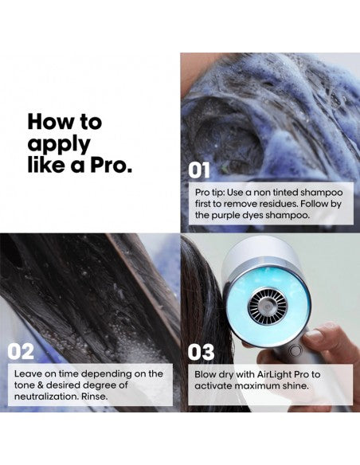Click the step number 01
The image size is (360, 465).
[x=199, y=170]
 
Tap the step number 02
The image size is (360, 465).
[x=21, y=351]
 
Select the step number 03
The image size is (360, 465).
[x=201, y=352]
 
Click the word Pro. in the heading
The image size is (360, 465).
[x=112, y=165]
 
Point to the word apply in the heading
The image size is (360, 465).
[x=59, y=145]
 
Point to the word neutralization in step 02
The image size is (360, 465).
[x=46, y=397]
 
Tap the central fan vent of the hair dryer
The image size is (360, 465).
[x=268, y=306]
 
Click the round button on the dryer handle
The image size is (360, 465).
[x=295, y=351]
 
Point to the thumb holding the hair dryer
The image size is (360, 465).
[x=322, y=337]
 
